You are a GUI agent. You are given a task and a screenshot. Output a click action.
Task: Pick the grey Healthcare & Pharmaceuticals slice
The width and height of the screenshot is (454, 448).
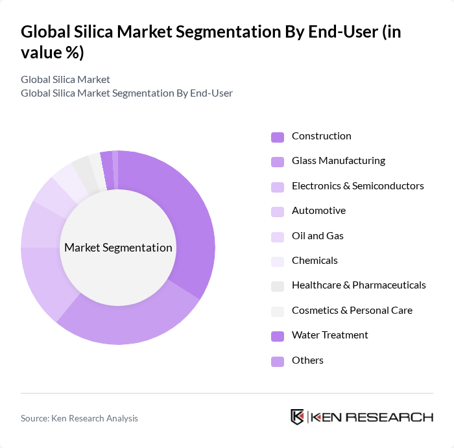pyautogui.click(x=82, y=169)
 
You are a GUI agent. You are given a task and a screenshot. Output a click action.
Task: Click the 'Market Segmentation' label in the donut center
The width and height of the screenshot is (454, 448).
pyautogui.click(x=118, y=248)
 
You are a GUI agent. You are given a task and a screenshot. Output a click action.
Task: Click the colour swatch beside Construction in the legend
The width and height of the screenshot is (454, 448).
pyautogui.click(x=277, y=137)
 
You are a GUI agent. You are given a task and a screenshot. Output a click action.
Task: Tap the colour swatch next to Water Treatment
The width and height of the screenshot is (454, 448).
pyautogui.click(x=277, y=336)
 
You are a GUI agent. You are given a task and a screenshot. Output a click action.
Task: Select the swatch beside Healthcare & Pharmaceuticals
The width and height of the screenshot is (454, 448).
pyautogui.click(x=277, y=286)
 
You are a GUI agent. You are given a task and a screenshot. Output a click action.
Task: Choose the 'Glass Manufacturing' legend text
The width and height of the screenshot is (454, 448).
pyautogui.click(x=338, y=161)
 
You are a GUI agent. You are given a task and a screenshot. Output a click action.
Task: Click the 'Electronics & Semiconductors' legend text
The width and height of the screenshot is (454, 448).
pyautogui.click(x=357, y=186)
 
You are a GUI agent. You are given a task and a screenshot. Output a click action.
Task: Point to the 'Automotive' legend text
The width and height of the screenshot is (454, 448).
pyautogui.click(x=318, y=211)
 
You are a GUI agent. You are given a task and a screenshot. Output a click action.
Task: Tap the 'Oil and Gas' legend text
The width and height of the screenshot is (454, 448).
pyautogui.click(x=317, y=236)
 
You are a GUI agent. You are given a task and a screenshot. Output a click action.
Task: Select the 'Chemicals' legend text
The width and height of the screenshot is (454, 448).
pyautogui.click(x=315, y=261)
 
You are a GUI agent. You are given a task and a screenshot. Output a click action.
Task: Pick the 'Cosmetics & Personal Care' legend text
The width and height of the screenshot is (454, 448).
pyautogui.click(x=352, y=311)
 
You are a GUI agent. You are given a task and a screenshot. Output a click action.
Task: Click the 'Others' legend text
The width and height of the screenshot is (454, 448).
pyautogui.click(x=307, y=360)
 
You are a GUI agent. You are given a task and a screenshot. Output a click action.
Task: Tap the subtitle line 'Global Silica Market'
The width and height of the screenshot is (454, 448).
pyautogui.click(x=66, y=80)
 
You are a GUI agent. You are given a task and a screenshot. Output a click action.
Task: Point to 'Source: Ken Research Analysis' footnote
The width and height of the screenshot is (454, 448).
pyautogui.click(x=79, y=419)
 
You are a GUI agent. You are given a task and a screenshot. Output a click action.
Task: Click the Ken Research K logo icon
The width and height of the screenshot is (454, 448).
pyautogui.click(x=297, y=417)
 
